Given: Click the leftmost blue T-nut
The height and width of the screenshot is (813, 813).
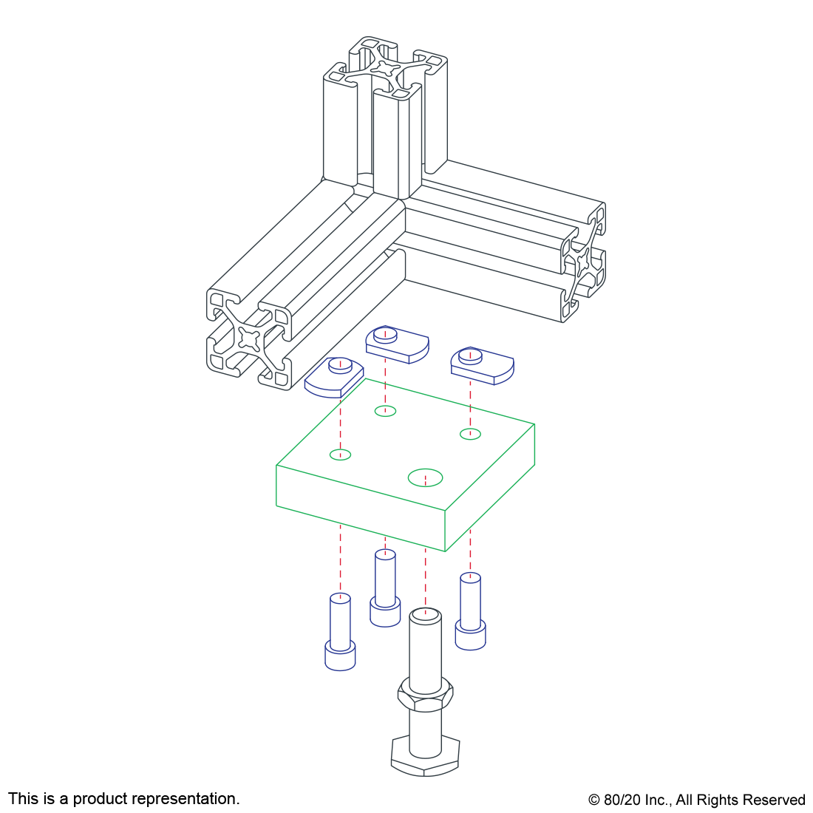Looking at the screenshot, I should click(334, 377).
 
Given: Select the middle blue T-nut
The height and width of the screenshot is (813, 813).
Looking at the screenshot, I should click(397, 344).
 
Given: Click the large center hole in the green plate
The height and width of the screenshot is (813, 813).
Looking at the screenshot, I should click(425, 477).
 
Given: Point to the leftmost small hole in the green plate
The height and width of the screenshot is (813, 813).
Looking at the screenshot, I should click(340, 454).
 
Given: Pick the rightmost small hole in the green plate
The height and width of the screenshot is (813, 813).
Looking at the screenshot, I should click(470, 434).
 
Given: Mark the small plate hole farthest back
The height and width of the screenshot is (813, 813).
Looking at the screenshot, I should click(385, 411).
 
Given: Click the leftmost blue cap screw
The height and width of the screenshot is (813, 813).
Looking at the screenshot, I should click(340, 636).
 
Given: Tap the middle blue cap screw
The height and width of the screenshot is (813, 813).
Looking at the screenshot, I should click(385, 591).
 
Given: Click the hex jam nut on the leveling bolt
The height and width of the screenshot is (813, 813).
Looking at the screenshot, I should click(425, 695).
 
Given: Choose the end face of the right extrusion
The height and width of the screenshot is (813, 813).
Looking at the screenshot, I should click(584, 262).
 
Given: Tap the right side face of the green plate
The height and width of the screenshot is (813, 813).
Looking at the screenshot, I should click(490, 488).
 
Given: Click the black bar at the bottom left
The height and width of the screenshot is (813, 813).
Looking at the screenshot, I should click(123, 800).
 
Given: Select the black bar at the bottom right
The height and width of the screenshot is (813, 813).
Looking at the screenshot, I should click(696, 801).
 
